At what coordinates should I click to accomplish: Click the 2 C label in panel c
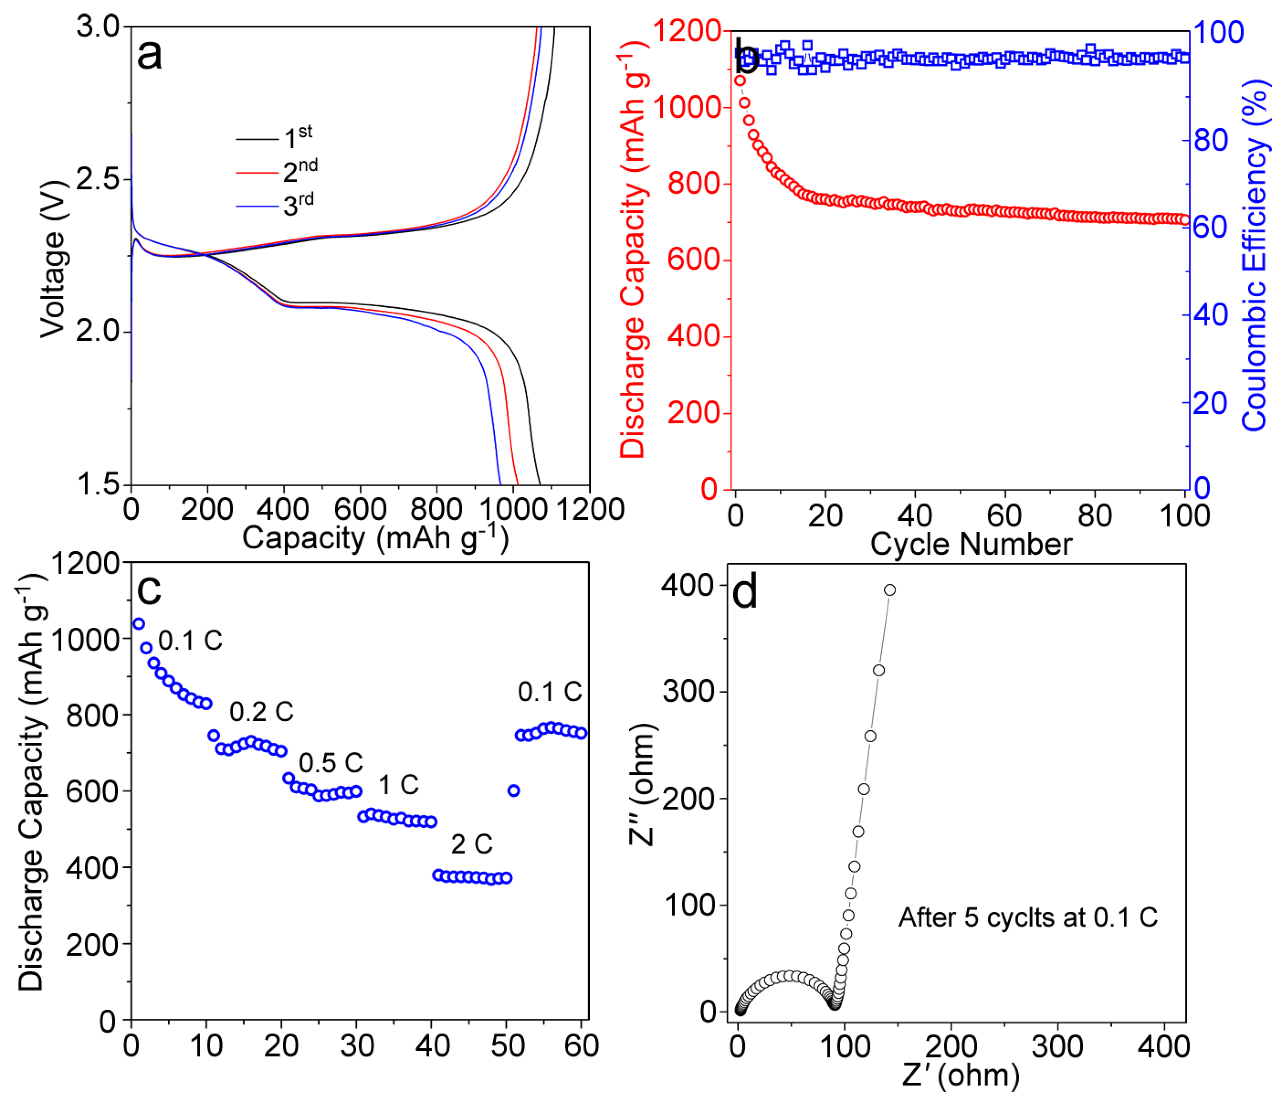[x=471, y=844]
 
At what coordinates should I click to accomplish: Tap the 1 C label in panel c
[x=398, y=785]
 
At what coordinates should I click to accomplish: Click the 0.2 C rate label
[x=261, y=712]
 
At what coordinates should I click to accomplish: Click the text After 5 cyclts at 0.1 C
[x=1027, y=917]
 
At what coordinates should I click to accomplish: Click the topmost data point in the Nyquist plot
[x=889, y=589]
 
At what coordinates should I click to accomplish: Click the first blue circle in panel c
[x=139, y=623]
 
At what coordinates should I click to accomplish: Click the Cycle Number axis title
[x=971, y=544]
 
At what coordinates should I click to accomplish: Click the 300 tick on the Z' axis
[x=1057, y=1046]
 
